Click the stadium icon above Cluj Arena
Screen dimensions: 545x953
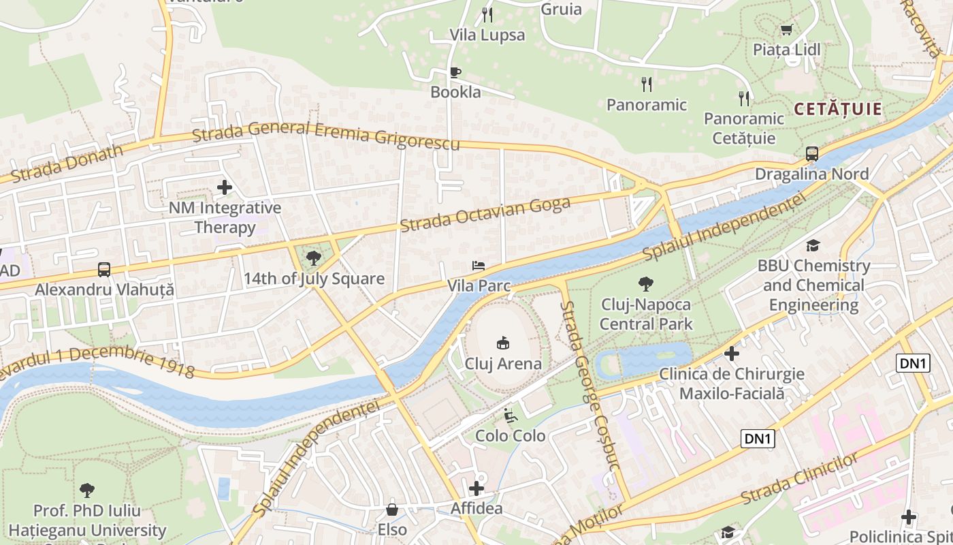(x=503, y=343)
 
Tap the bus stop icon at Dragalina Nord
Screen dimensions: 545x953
(x=811, y=153)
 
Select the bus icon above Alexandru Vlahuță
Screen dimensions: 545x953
(x=104, y=269)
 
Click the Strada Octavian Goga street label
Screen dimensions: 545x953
(x=485, y=215)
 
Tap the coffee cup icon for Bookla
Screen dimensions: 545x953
(x=455, y=72)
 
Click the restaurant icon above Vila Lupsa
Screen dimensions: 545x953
(x=487, y=14)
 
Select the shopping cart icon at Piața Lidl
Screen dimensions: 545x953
(x=786, y=29)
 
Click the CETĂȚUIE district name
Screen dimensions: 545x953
(x=838, y=109)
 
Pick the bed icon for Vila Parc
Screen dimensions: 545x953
(x=479, y=265)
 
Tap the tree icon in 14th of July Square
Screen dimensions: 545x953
(x=313, y=258)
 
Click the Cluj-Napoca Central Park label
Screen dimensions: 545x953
(x=645, y=314)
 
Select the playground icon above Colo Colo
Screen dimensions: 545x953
(x=510, y=415)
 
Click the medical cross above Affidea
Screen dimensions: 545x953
(x=476, y=488)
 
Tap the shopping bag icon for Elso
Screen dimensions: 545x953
(x=392, y=509)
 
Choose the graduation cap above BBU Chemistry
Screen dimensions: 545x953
(x=812, y=245)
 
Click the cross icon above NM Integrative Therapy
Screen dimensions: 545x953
(x=225, y=187)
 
